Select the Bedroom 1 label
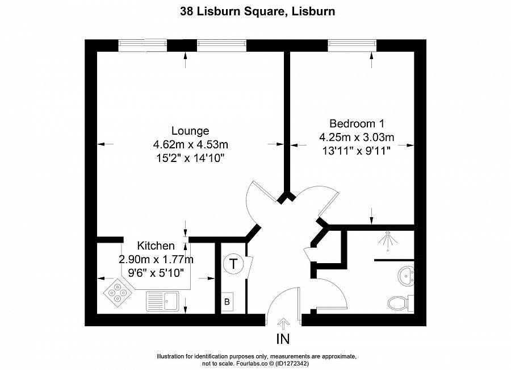tap(357, 124)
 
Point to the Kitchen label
tap(156, 246)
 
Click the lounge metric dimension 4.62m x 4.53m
tap(190, 144)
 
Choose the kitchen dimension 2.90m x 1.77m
tap(156, 260)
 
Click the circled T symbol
tap(233, 264)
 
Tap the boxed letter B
tap(227, 302)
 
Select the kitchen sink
tap(162, 300)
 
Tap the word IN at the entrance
tap(283, 340)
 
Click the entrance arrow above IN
tap(283, 323)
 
